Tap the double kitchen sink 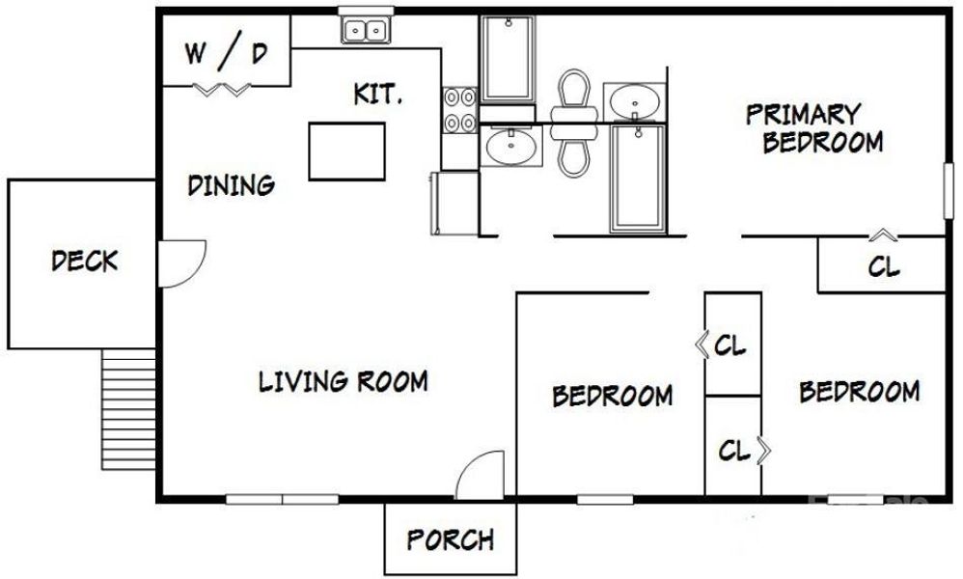pyautogui.click(x=365, y=32)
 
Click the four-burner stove pyautogui.click(x=459, y=109)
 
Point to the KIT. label pyautogui.click(x=376, y=95)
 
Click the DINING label pyautogui.click(x=231, y=184)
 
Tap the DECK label pyautogui.click(x=85, y=261)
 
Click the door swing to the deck pyautogui.click(x=179, y=263)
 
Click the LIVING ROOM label pyautogui.click(x=343, y=381)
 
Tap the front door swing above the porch pyautogui.click(x=481, y=477)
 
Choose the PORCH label pyautogui.click(x=450, y=539)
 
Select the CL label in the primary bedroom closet pyautogui.click(x=883, y=266)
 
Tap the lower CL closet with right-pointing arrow pyautogui.click(x=735, y=450)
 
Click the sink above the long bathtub pyautogui.click(x=634, y=99)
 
